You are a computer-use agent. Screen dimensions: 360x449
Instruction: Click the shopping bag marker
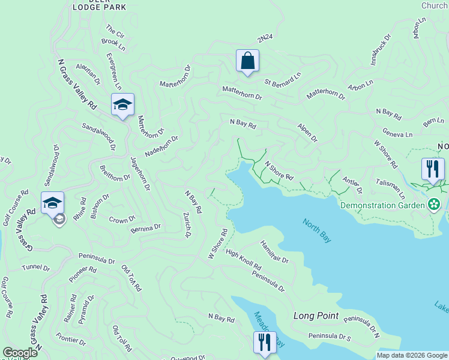click(247, 61)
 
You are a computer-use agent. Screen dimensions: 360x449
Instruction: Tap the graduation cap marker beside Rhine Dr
click(53, 203)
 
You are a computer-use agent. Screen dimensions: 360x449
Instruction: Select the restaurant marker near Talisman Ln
click(432, 169)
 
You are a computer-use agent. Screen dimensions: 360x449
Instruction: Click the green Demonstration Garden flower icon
click(435, 205)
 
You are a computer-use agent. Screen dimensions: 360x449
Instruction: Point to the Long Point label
click(316, 316)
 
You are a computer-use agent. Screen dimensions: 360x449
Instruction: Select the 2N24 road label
click(264, 38)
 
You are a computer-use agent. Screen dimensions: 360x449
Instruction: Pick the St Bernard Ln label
click(283, 79)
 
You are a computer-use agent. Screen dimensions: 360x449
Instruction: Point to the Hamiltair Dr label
click(274, 252)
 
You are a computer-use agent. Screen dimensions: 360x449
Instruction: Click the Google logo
click(20, 353)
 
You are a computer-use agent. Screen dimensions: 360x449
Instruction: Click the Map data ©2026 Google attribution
click(411, 355)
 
